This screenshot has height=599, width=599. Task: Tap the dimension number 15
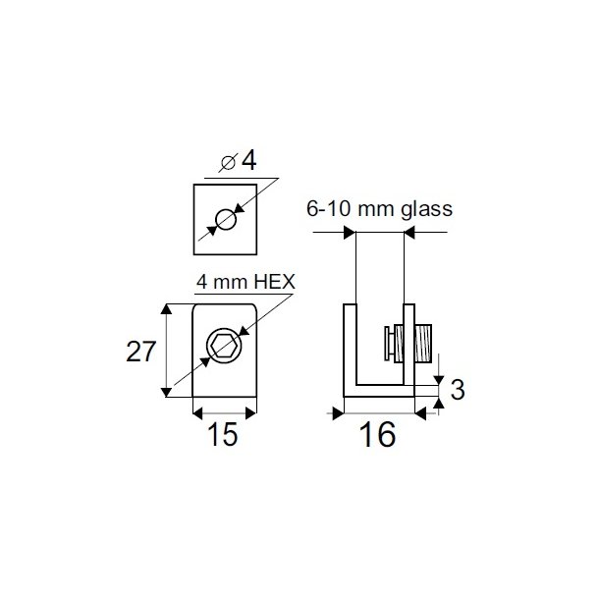click(x=223, y=435)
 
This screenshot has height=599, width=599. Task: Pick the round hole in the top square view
click(x=227, y=219)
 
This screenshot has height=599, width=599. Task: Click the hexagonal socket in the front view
click(x=223, y=344)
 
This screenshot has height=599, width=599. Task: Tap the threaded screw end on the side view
click(x=424, y=345)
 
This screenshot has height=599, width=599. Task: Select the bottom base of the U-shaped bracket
click(x=378, y=391)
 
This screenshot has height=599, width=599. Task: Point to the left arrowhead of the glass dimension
click(x=349, y=233)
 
